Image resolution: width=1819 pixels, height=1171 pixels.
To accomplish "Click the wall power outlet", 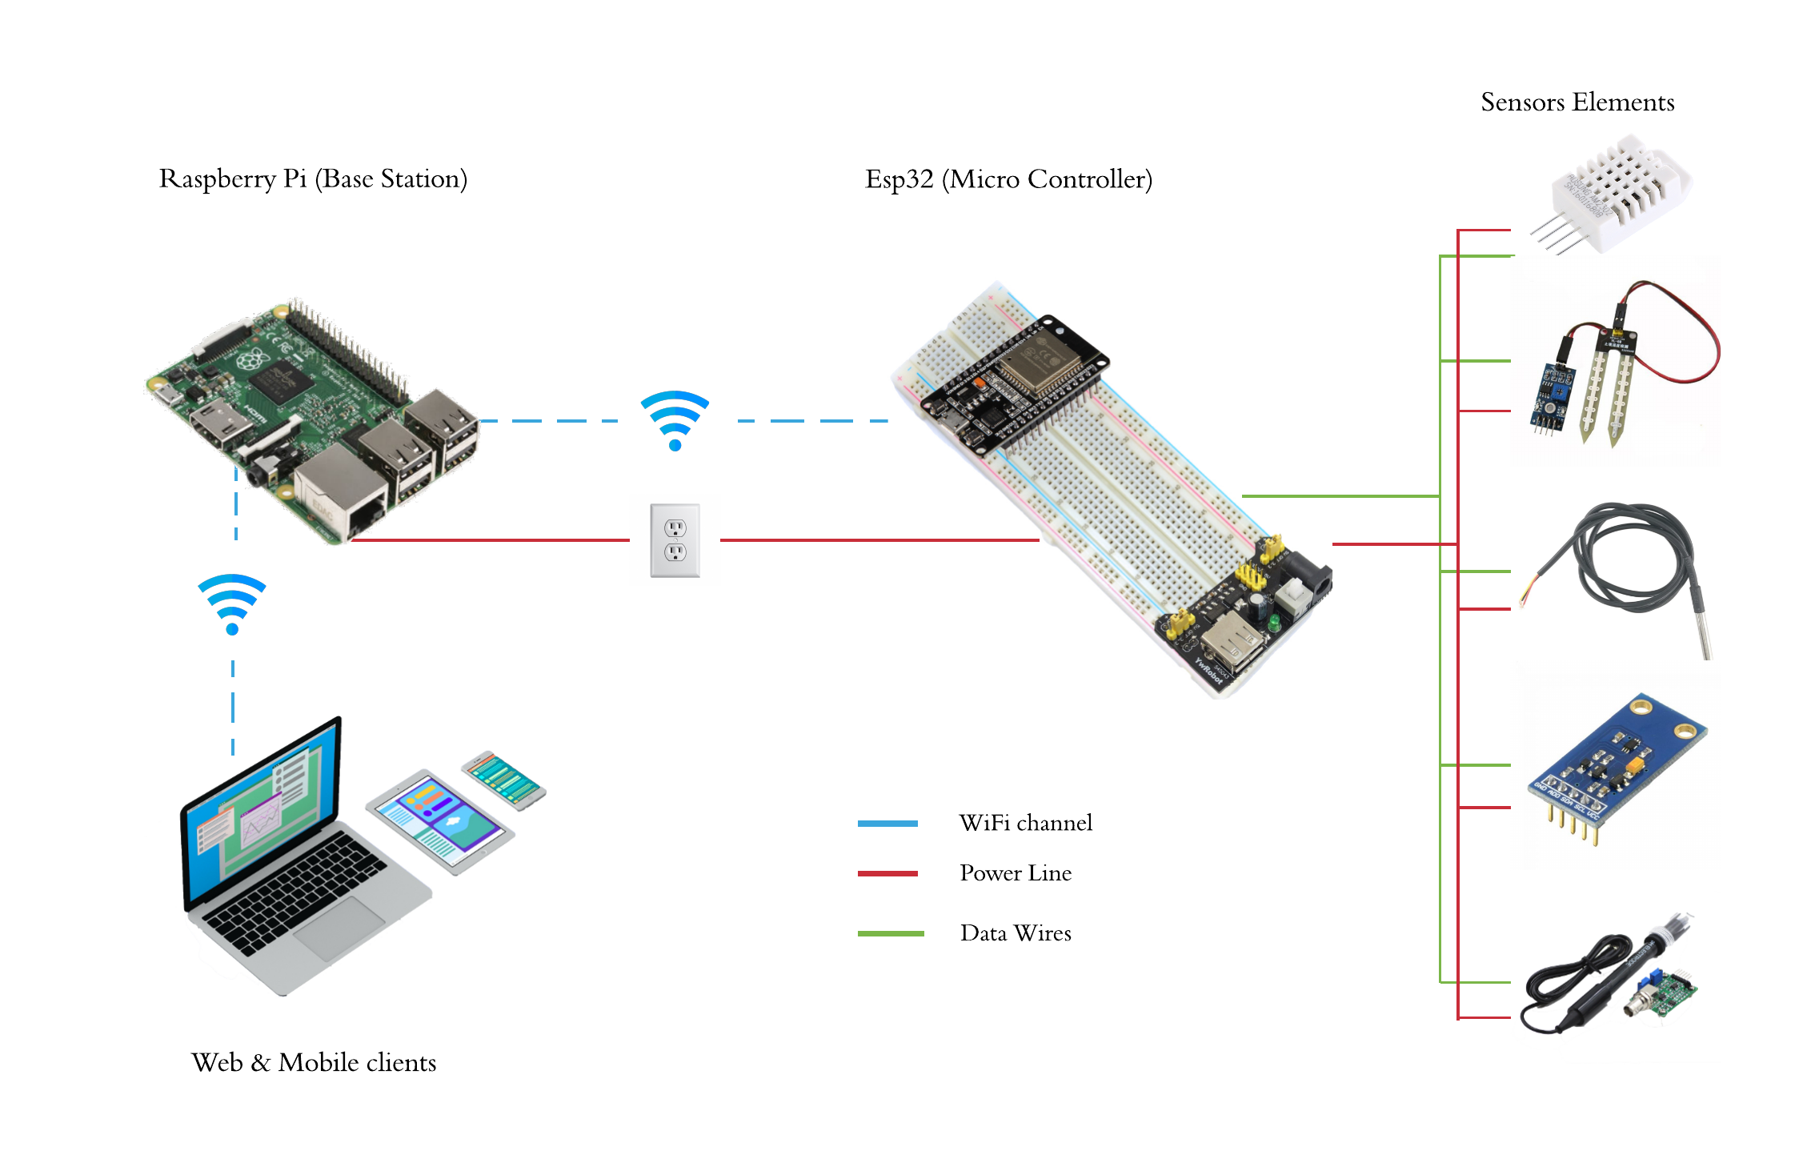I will click(x=675, y=540).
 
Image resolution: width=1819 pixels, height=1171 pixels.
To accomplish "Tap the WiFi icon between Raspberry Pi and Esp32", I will click(x=675, y=420).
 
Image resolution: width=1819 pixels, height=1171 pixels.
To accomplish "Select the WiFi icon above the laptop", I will click(x=232, y=603).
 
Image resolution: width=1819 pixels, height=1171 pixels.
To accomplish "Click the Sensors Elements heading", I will click(x=1577, y=102).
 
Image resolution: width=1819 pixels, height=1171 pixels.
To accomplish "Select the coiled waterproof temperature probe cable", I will click(x=1633, y=560).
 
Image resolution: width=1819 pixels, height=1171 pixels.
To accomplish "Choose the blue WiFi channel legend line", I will click(x=887, y=824).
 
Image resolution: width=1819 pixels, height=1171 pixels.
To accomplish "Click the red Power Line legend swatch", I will click(x=887, y=873).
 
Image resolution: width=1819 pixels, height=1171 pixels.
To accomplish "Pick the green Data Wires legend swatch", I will click(x=890, y=933).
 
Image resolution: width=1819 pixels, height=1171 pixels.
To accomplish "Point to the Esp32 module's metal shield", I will click(x=1040, y=364).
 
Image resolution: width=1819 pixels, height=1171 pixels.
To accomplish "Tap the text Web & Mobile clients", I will click(x=314, y=1062).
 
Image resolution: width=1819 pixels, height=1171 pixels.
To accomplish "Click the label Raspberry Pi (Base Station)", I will click(x=313, y=178).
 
